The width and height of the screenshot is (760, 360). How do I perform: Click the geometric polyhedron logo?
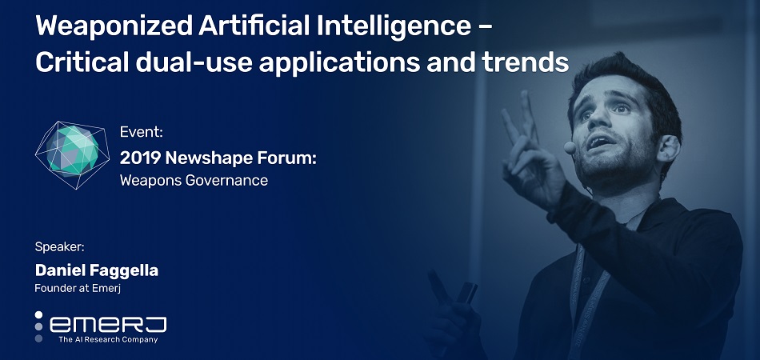(x=71, y=154)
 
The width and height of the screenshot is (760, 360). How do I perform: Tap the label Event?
(x=141, y=132)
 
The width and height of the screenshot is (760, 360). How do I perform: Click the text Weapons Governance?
(x=194, y=180)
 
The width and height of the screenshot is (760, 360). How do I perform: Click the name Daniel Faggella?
(x=97, y=270)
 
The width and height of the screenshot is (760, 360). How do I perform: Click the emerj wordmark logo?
(x=108, y=324)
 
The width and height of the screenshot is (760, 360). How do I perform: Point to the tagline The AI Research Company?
(x=108, y=339)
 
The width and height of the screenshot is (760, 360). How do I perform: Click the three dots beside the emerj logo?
(x=38, y=326)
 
